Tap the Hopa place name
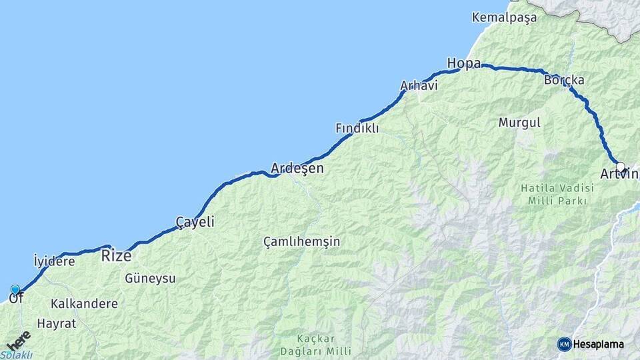coord(463,63)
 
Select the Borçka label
coord(564,80)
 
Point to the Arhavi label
coord(418,86)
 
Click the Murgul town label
coord(519,123)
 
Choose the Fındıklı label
coord(357,127)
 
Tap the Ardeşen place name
coord(297,168)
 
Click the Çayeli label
coord(195,221)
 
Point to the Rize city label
coord(116,255)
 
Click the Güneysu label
coord(150,279)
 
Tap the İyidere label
coord(54,261)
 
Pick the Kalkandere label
coord(84,303)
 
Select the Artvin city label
coord(619,175)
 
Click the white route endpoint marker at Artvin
coord(621,167)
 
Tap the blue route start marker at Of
coord(15,289)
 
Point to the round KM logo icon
coord(564,344)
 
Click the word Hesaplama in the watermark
coord(599,344)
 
